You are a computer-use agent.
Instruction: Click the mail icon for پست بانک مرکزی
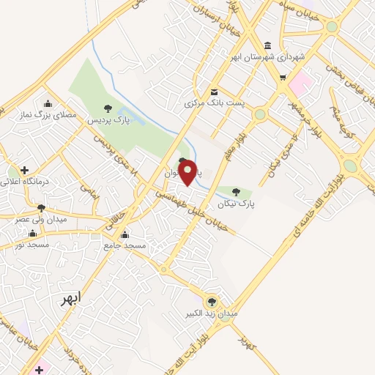[214, 92]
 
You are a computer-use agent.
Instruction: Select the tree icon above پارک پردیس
[108, 108]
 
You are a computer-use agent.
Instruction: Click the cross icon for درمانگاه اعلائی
[25, 169]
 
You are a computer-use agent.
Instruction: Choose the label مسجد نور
[32, 244]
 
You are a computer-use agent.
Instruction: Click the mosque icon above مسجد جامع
[125, 235]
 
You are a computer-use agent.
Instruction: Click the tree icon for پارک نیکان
[235, 192]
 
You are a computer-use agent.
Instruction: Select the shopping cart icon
[283, 76]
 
